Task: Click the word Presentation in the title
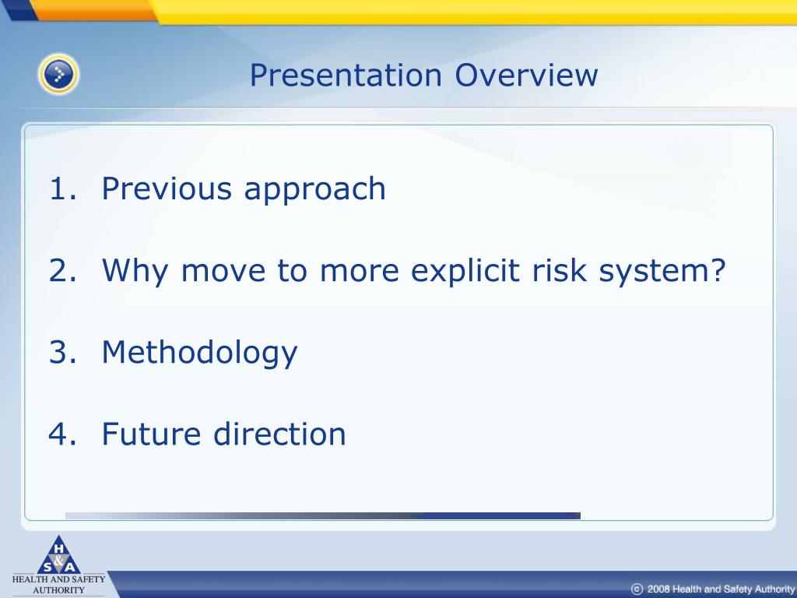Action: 346,76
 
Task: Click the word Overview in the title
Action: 526,76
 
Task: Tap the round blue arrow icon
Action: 58,74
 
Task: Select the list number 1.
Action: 62,188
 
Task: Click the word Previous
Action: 167,188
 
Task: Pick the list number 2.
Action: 62,270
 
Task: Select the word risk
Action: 559,270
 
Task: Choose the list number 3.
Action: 62,352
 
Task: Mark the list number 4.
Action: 62,434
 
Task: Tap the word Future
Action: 152,434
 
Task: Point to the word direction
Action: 279,434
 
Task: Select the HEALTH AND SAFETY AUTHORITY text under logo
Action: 58,584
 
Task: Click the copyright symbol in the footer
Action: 637,589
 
